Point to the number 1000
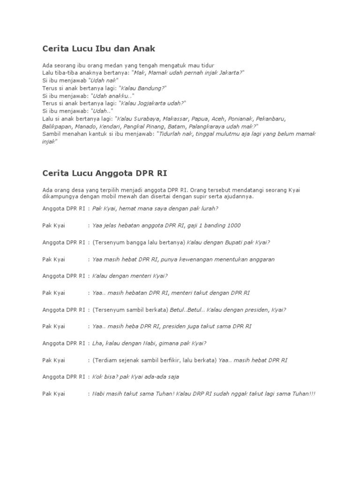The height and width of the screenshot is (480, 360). (232, 225)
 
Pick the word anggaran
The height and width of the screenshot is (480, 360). (261, 259)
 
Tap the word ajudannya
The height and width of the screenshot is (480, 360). (239, 196)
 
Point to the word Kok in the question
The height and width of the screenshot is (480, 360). (98, 377)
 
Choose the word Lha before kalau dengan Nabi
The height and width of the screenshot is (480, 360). (97, 343)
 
